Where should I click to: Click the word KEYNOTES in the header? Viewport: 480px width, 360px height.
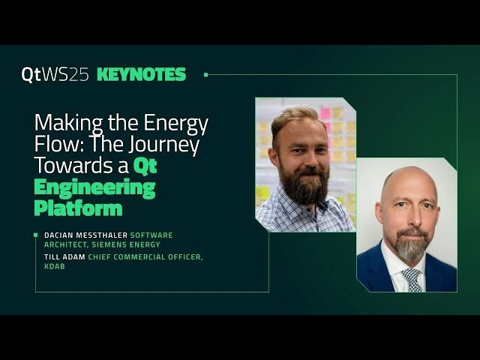point(141,74)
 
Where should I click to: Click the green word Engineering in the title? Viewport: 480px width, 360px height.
point(95,187)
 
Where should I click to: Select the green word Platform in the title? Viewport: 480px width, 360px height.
point(79,207)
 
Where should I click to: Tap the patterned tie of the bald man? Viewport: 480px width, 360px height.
point(411,278)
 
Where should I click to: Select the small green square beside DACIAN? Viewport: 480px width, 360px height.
point(35,235)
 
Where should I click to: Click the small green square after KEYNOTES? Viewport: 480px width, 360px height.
point(206,74)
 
